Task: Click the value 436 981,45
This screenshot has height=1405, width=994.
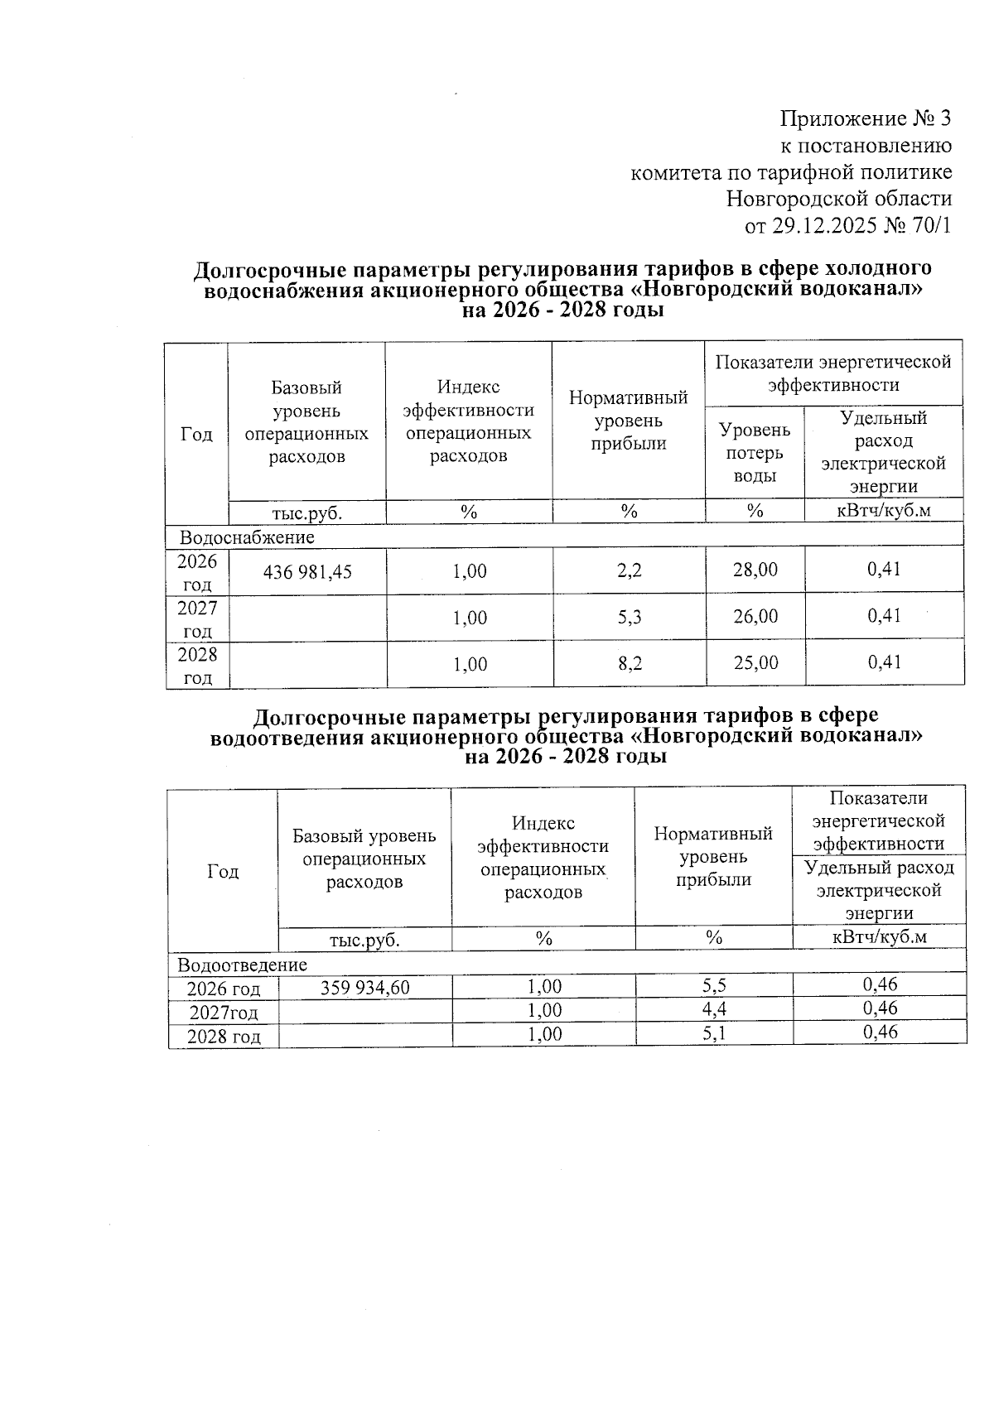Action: pos(307,571)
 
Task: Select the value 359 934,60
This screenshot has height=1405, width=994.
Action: pos(364,987)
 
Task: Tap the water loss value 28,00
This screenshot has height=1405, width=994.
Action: pos(755,570)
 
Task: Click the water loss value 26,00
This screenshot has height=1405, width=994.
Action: pos(755,616)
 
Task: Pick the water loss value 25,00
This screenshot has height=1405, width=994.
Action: pos(755,662)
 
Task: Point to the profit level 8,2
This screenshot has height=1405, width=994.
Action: pos(630,663)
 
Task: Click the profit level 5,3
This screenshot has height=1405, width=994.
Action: pos(630,617)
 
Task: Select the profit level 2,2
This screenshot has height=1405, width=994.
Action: pos(630,570)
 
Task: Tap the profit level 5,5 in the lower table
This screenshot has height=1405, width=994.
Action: pos(713,986)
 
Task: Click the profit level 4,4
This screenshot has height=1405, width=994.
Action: pos(713,1009)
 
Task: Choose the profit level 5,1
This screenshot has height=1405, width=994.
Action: pos(713,1032)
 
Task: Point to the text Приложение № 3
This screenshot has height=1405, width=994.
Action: pos(866,118)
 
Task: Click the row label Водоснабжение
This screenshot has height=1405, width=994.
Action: pos(248,537)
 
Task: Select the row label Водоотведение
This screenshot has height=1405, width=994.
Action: pos(243,965)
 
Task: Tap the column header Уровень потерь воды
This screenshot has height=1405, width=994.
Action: pos(754,453)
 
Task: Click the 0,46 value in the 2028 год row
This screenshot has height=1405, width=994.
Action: pos(880,1032)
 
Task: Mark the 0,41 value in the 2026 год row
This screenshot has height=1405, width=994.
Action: pos(884,570)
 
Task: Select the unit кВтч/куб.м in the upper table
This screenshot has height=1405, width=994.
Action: pos(883,511)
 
